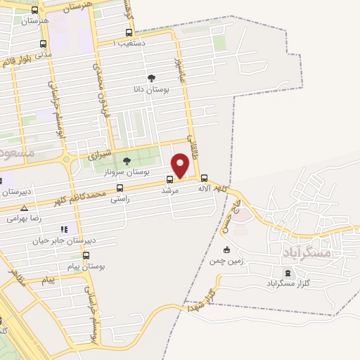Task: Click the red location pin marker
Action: click(181, 165)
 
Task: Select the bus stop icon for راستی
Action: click(120, 188)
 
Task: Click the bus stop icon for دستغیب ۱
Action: click(129, 32)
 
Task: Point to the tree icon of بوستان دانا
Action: click(150, 78)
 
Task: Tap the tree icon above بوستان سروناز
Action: click(127, 161)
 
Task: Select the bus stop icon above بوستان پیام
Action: click(86, 256)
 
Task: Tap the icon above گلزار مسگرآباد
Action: click(286, 272)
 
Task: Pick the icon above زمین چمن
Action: click(226, 250)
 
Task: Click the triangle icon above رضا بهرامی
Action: click(25, 208)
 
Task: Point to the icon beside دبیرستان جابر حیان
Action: click(64, 229)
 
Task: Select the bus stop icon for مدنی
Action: click(44, 43)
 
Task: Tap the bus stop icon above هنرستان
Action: click(35, 10)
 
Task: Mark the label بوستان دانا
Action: click(150, 90)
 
